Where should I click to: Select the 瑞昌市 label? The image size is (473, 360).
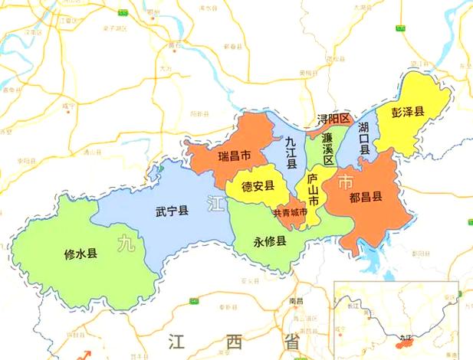click(x=234, y=156)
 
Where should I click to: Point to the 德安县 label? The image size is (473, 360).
click(x=258, y=186)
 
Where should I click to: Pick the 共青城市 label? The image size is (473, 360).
click(x=290, y=211)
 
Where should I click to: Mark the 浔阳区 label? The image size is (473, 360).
click(x=333, y=119)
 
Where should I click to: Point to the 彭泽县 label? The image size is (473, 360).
click(x=408, y=112)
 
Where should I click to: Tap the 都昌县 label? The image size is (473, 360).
click(x=366, y=197)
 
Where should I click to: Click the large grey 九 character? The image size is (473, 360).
click(x=125, y=244)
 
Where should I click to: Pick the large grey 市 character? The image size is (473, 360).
click(x=346, y=182)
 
